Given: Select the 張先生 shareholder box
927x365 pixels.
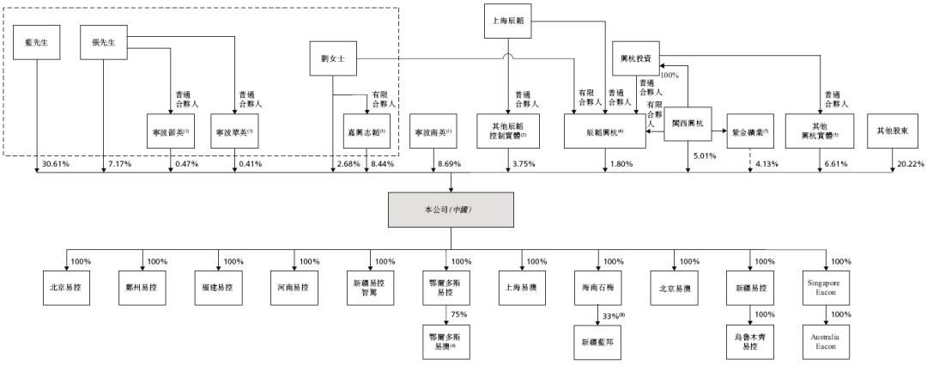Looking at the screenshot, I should click(103, 42).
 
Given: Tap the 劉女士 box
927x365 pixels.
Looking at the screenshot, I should click(332, 59).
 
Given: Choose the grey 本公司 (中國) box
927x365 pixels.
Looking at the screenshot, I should click(452, 209).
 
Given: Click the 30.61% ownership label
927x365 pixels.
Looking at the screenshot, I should click(54, 163).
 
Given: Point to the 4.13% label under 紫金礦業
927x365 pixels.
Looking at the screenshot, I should click(766, 163).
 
